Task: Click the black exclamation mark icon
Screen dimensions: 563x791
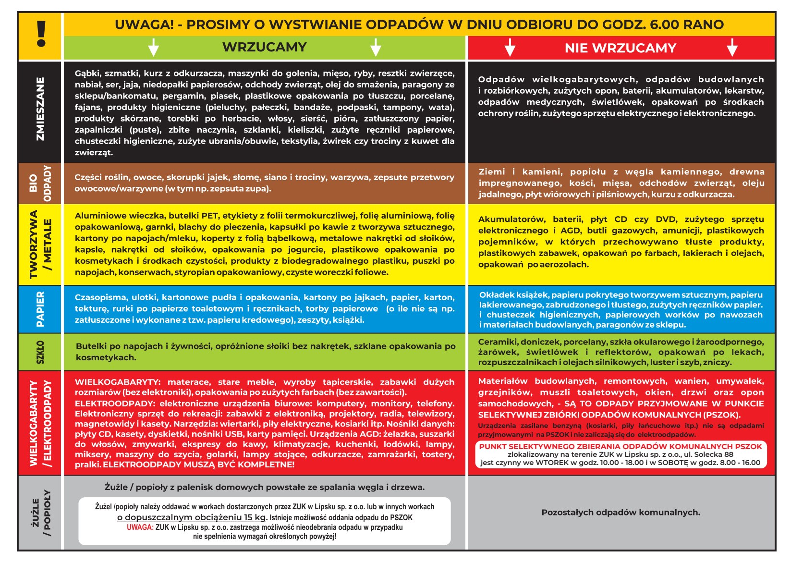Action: click(x=41, y=34)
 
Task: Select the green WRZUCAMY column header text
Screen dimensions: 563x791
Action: click(x=264, y=47)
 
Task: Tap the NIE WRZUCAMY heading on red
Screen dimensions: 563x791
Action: click(x=620, y=48)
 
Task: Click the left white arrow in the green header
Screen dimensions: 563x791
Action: click(x=153, y=48)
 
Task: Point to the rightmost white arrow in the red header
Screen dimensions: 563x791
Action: click(x=732, y=48)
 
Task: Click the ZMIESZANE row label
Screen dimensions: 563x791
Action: click(x=40, y=109)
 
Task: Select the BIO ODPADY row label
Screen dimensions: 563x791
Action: click(x=40, y=183)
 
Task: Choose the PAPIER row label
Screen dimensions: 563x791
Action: click(x=40, y=309)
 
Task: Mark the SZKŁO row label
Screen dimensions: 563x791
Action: click(x=40, y=352)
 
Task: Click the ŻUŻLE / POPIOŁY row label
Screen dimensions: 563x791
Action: click(x=40, y=513)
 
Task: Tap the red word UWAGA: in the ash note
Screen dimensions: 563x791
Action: click(x=140, y=527)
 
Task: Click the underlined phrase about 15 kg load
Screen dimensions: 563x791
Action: click(x=192, y=518)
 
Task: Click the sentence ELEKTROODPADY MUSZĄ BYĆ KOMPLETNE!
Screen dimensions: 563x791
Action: click(x=198, y=465)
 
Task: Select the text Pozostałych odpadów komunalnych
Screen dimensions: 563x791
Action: click(x=621, y=513)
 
